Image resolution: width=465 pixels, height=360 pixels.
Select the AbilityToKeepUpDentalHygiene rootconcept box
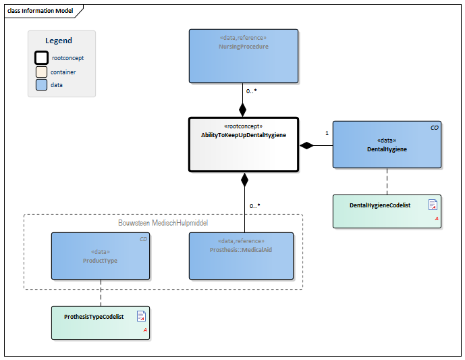243,144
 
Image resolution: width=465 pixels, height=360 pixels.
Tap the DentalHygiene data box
386,145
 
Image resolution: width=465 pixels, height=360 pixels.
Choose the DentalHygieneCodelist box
386,211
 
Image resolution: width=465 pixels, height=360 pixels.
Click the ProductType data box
100,255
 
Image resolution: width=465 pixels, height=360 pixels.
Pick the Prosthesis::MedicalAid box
241,255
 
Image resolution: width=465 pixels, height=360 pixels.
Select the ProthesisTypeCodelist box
100,322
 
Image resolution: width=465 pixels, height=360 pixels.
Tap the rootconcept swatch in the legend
41,58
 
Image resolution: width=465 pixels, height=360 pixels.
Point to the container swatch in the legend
41,72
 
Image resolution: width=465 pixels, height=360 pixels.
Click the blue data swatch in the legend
41,85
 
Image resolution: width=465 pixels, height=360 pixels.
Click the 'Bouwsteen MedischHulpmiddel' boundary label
162,222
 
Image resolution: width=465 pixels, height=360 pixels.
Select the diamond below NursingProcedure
243,110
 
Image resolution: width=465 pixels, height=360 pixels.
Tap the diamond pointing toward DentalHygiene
307,145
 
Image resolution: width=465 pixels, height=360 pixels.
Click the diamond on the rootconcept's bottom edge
244,179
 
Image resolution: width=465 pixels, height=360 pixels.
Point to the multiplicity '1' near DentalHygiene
327,134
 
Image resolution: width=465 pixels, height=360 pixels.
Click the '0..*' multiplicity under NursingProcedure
252,91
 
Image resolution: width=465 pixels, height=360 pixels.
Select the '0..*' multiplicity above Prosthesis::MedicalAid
254,205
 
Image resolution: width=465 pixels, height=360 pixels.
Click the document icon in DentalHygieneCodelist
433,205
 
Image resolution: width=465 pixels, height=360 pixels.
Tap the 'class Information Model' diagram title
39,11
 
